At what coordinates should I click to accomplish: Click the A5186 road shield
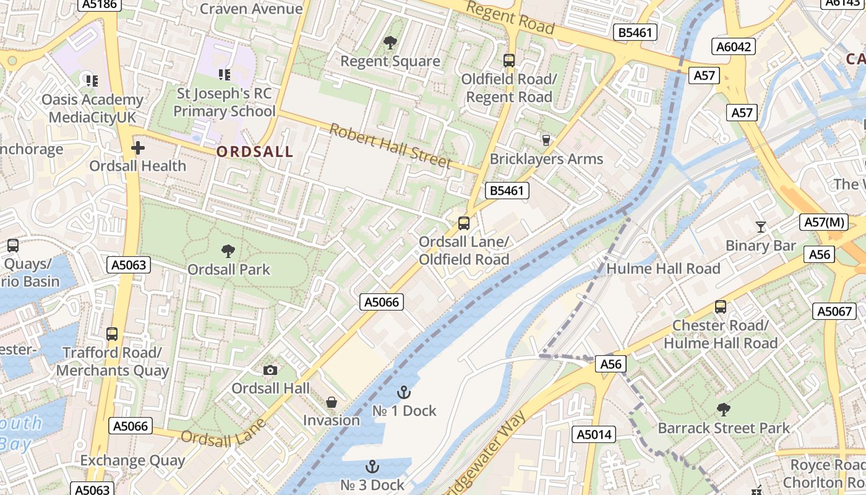[100, 4]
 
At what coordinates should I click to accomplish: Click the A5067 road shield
[834, 311]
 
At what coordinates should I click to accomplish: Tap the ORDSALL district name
[255, 152]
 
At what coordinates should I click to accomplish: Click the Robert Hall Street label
[390, 146]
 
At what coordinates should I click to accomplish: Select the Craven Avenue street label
[251, 9]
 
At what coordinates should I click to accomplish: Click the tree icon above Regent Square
[390, 43]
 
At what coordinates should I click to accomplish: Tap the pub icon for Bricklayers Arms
[546, 140]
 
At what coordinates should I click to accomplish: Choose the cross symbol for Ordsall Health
[137, 148]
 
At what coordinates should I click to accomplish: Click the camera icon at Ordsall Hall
[270, 370]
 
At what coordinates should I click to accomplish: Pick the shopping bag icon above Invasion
[332, 402]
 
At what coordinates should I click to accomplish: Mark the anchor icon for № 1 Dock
[404, 392]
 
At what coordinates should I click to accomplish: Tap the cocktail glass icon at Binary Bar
[761, 227]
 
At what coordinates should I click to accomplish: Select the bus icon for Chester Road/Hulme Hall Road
[720, 306]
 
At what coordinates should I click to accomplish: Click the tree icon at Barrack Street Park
[723, 409]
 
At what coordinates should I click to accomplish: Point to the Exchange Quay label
[132, 460]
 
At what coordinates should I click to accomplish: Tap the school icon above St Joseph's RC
[224, 75]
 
